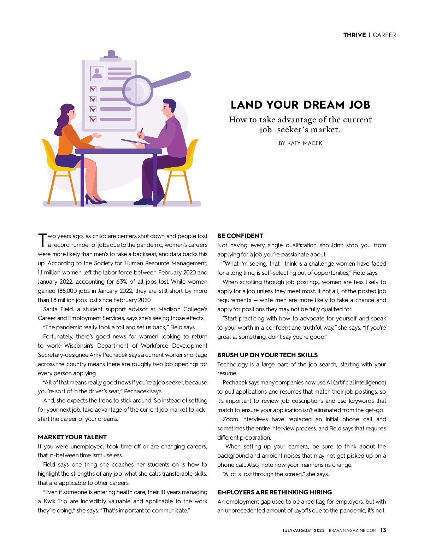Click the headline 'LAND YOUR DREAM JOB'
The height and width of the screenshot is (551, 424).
(300, 105)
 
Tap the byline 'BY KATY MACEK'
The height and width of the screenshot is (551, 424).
(300, 143)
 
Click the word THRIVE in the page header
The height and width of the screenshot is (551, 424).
(354, 35)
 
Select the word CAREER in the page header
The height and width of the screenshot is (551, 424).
(384, 35)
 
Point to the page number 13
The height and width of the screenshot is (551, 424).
(383, 530)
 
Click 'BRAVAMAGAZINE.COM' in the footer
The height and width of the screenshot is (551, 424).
(352, 530)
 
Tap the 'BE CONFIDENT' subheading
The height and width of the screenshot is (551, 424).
(240, 236)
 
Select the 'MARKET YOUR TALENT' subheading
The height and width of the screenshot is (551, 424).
(72, 437)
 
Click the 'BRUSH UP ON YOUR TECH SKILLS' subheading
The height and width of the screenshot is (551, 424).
(267, 355)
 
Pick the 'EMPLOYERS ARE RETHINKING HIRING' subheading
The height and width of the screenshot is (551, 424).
(275, 492)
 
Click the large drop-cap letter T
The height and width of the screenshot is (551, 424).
(42, 240)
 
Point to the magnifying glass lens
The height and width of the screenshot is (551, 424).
(137, 90)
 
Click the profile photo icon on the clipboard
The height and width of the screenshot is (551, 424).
(97, 73)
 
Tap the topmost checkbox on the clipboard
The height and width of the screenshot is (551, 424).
(93, 89)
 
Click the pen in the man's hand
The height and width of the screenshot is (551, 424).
(141, 133)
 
